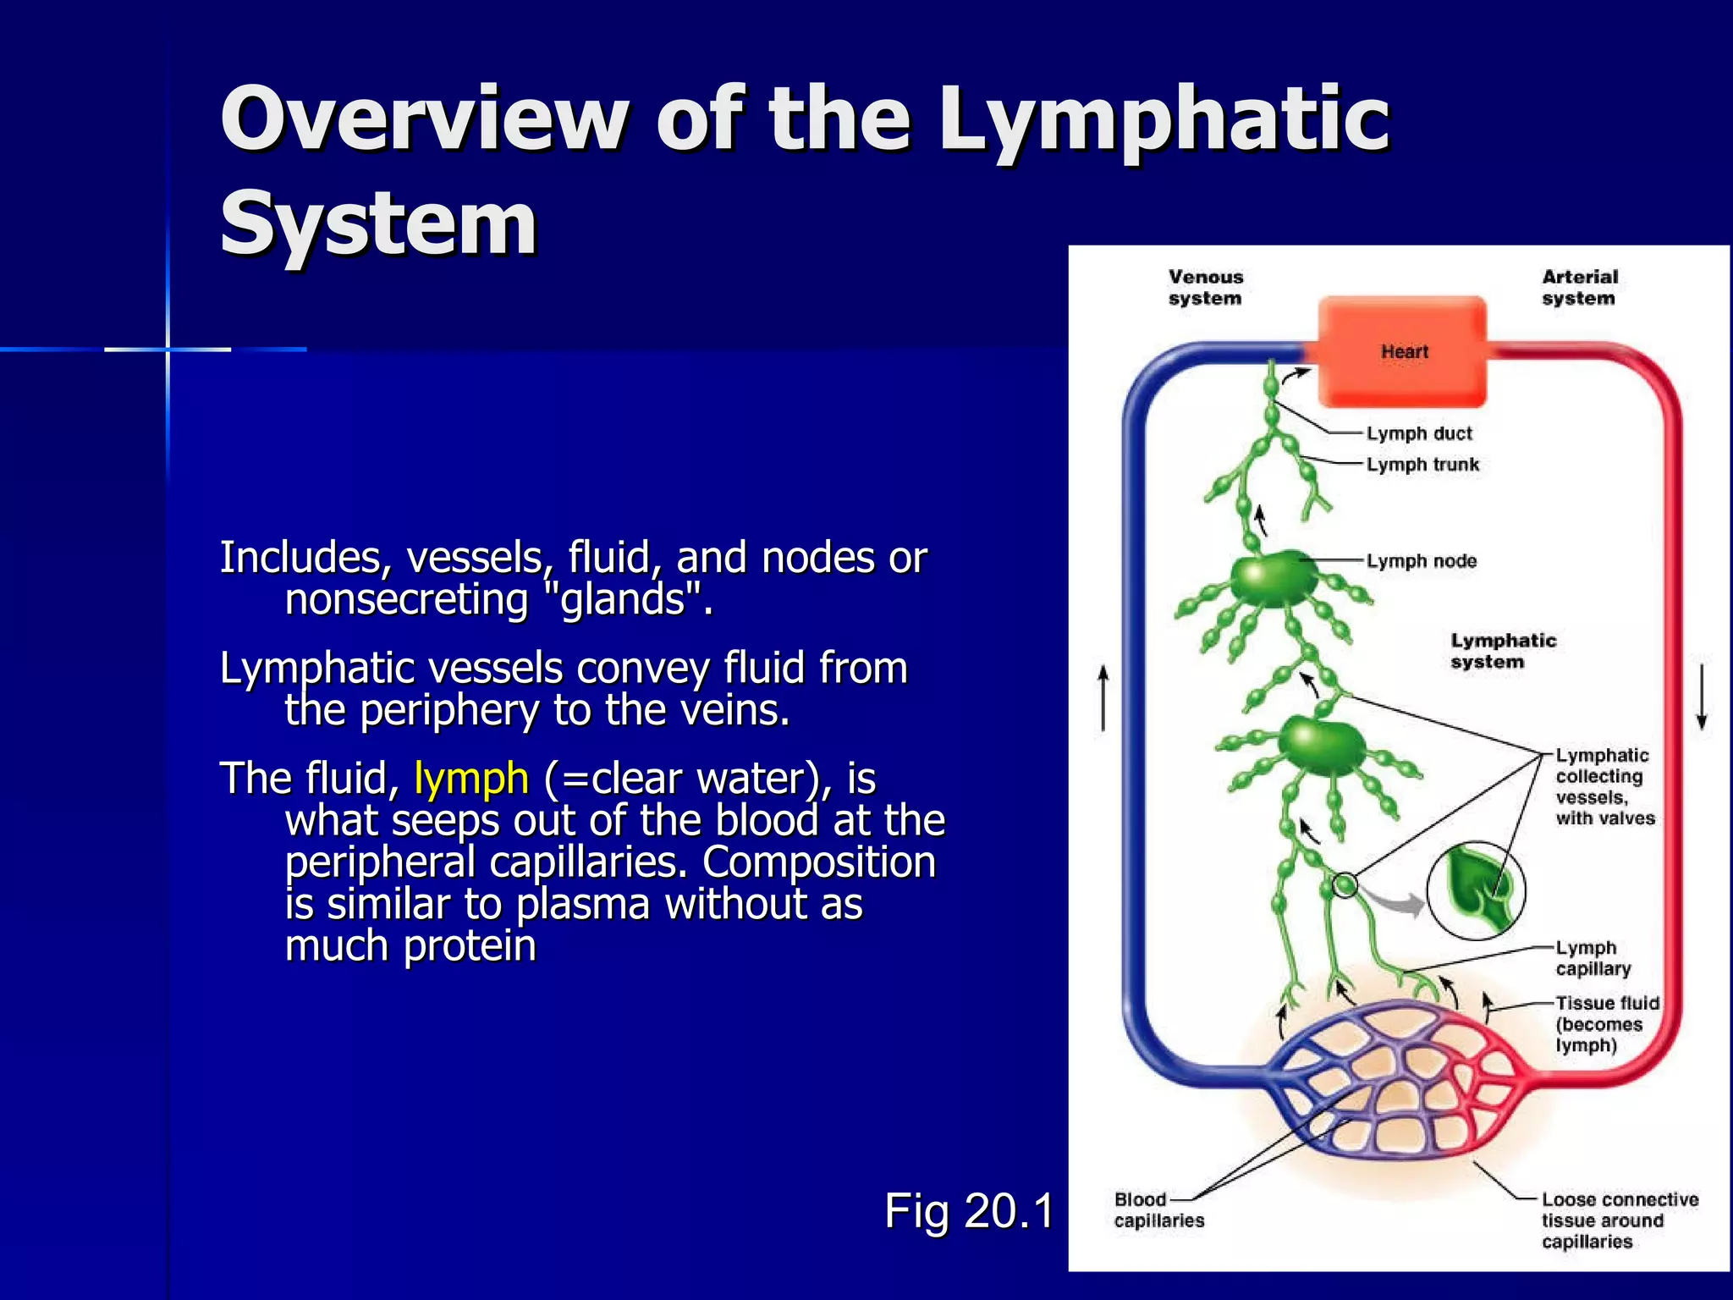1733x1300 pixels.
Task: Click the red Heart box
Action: tap(1403, 351)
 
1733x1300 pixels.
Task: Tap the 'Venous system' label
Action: tap(1205, 288)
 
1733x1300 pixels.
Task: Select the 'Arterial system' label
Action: tap(1579, 288)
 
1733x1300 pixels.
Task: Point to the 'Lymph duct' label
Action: tap(1419, 433)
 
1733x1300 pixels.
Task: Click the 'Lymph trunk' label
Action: tap(1422, 465)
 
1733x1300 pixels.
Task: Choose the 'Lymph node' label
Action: tap(1421, 561)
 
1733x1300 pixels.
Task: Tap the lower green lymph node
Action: tap(1322, 745)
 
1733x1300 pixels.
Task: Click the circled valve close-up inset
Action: tap(1476, 890)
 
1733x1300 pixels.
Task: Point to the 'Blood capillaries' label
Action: tap(1158, 1210)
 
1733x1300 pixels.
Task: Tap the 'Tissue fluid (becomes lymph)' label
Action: tap(1607, 1024)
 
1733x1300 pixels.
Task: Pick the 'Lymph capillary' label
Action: tap(1593, 958)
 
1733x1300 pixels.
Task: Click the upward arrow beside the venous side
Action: tap(1103, 698)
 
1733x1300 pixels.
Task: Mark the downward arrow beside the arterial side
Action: tap(1702, 698)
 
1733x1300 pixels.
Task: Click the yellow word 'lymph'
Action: tap(471, 779)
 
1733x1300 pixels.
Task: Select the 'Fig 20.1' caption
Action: tap(969, 1210)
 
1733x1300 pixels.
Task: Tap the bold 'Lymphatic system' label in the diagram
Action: tap(1503, 652)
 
